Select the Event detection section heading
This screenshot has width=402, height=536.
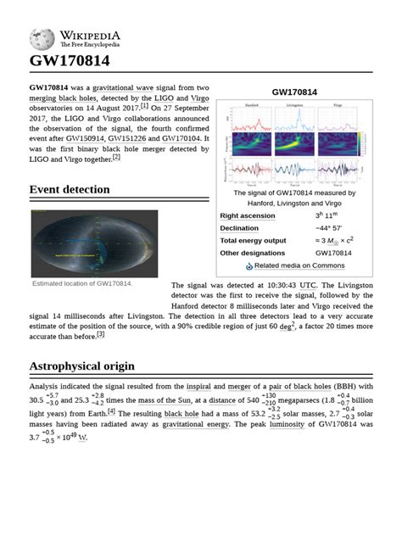click(70, 189)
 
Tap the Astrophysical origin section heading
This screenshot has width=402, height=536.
click(82, 366)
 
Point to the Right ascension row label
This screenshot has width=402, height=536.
click(248, 216)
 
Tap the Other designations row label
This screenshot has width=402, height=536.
click(254, 253)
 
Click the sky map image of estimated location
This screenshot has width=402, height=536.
click(94, 243)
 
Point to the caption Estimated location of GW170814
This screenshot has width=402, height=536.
click(82, 283)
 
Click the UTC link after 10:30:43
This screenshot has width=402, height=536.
click(307, 285)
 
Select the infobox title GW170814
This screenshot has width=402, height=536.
click(294, 92)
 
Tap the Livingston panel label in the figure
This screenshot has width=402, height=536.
click(294, 105)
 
